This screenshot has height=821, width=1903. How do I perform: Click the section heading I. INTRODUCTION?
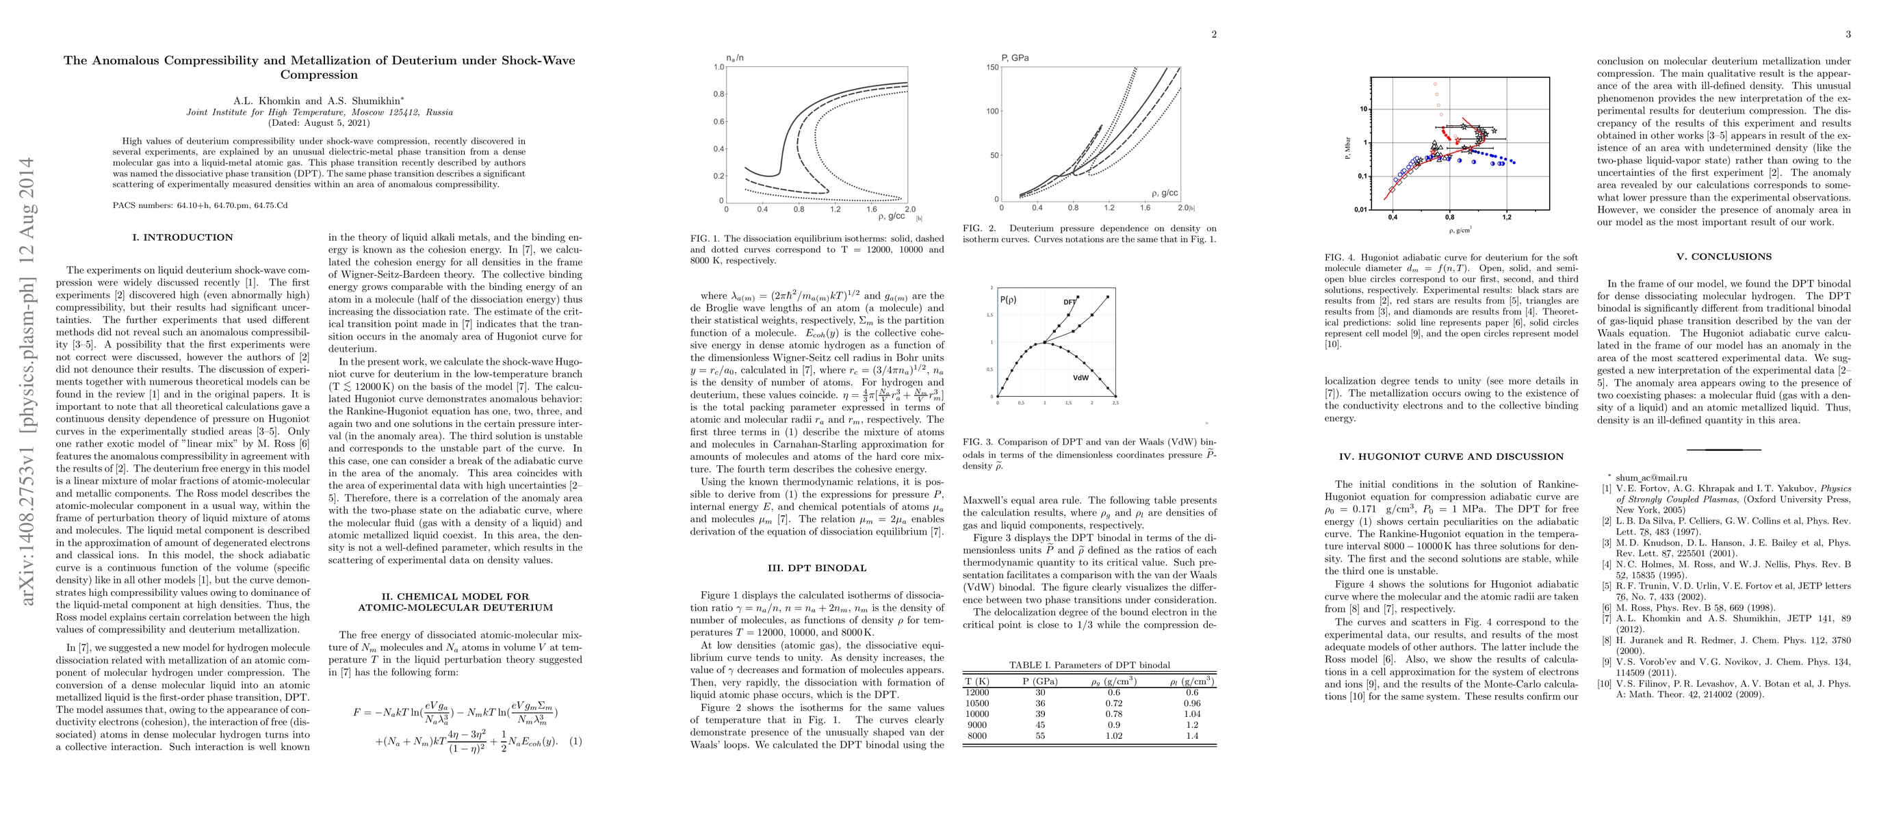(183, 237)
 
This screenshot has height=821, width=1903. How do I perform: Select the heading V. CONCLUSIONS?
(1724, 257)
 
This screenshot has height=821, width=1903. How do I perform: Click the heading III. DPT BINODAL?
(816, 569)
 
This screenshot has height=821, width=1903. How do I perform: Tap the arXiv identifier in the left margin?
(28, 382)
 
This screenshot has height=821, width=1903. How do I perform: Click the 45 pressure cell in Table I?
(1039, 725)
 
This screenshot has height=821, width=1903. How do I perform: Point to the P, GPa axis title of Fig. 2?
(1015, 57)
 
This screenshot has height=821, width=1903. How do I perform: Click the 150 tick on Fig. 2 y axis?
(992, 68)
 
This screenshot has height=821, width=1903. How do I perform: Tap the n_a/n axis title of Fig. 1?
(734, 57)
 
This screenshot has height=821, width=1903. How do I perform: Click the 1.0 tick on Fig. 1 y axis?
(719, 67)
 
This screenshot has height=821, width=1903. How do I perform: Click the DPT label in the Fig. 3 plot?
(1069, 302)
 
